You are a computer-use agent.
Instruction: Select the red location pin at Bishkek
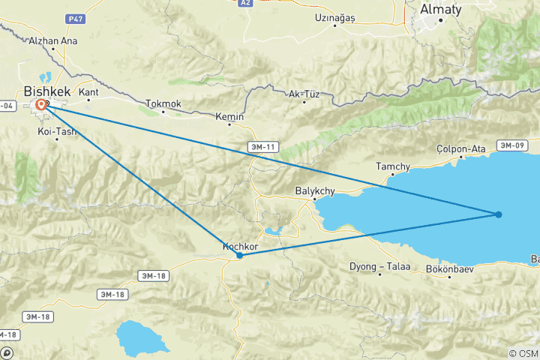coord(40,106)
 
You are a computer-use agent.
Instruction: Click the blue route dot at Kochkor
coord(239,255)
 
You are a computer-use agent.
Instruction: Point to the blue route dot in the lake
coord(499,214)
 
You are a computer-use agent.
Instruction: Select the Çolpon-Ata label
coord(461,148)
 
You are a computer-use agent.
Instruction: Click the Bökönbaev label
coord(450,268)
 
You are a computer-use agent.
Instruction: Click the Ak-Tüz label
coord(304,94)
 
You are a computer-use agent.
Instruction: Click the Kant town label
coord(88,92)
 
